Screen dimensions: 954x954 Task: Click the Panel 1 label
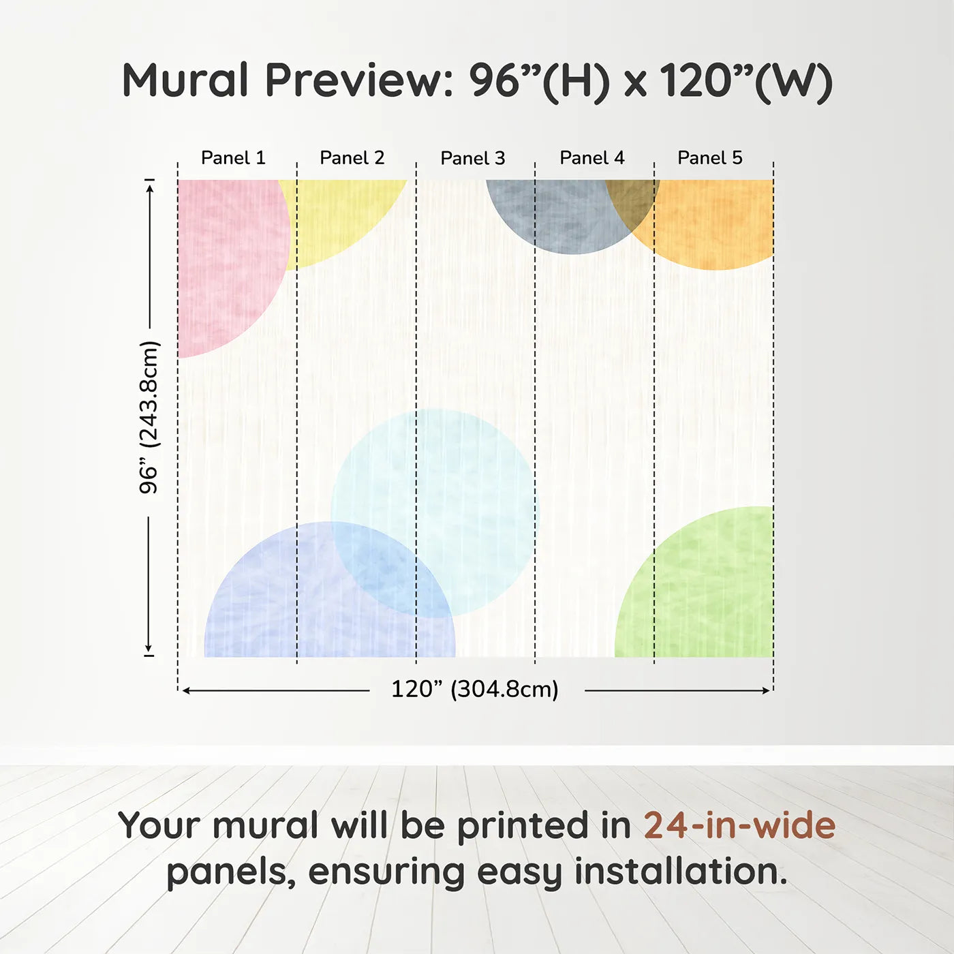(232, 158)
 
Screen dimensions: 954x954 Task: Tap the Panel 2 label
(352, 158)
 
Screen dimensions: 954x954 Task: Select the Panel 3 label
(472, 159)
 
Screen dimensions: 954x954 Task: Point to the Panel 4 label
(591, 158)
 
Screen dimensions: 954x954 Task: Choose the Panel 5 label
(709, 158)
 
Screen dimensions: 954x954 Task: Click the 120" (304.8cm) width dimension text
(474, 690)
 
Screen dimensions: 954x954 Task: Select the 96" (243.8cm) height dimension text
(149, 417)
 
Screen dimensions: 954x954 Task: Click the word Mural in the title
(185, 80)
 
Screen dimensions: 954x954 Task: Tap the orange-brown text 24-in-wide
(739, 825)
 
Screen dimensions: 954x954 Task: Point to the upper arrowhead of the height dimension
(149, 186)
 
